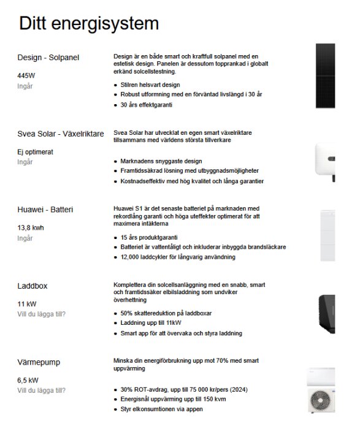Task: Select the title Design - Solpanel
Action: (x=48, y=58)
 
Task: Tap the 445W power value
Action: (x=27, y=75)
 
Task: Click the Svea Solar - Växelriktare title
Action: (x=61, y=133)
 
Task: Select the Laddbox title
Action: (x=33, y=286)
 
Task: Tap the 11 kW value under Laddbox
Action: (x=28, y=303)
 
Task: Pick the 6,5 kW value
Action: (x=28, y=380)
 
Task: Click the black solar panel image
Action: (x=326, y=75)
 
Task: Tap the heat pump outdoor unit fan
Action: (x=324, y=404)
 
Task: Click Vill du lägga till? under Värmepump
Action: (x=41, y=390)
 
